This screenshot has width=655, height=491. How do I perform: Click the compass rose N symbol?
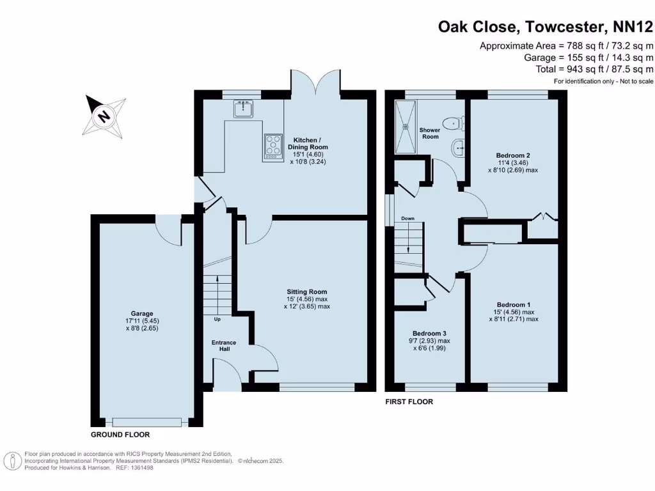102,116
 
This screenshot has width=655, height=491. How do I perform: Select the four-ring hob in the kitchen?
272,146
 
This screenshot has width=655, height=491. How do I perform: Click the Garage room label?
142,313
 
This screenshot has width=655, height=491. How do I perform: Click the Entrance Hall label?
224,347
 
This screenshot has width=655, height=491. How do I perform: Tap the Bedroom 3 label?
429,333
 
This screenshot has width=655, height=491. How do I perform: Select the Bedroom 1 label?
514,304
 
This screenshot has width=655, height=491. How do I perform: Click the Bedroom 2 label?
513,155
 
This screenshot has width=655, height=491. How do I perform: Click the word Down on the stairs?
407,219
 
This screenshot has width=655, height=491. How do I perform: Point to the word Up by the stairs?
217,319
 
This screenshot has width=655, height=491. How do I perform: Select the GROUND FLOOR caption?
120,434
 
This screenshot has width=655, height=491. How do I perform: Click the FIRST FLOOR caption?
409,402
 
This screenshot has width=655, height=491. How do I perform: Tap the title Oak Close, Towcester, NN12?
545,26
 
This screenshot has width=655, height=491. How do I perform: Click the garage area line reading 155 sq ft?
587,58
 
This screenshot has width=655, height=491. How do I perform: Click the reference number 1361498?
141,467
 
